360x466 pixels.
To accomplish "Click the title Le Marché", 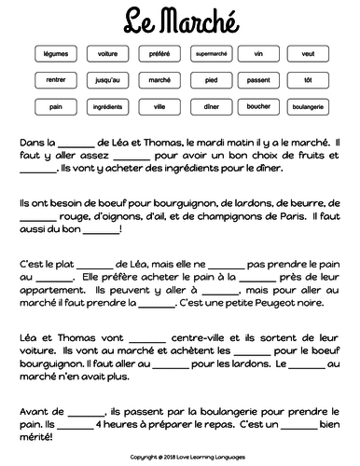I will (x=180, y=19).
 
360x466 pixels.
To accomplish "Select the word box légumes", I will (x=56, y=54).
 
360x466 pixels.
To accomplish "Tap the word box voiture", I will (x=107, y=54).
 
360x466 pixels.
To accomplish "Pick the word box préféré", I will (x=159, y=54).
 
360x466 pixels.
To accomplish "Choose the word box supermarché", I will (x=209, y=54).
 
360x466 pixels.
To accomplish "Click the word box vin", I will (x=259, y=54).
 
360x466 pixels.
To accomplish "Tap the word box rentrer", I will (x=56, y=80).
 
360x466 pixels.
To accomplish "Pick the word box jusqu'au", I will (x=107, y=80).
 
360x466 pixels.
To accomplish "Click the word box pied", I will (x=209, y=80).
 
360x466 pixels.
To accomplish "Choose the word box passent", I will (x=259, y=80).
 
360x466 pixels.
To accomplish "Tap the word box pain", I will (x=56, y=107).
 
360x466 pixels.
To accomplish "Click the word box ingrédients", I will (x=107, y=107).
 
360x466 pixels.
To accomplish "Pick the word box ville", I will (x=159, y=107).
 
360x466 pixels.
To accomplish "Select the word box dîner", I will (x=209, y=107).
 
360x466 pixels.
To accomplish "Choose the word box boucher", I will (x=259, y=107).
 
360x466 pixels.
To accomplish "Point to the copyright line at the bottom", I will (x=180, y=458).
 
